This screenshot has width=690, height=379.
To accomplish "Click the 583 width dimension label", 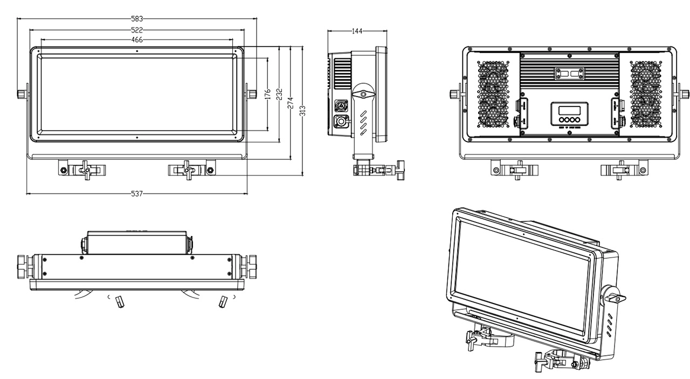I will coord(137,19).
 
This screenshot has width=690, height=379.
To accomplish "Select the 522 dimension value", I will coord(137,30).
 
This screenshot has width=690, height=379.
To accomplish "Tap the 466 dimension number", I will coord(137,40).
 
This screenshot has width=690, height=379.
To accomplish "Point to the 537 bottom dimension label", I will coord(137,193).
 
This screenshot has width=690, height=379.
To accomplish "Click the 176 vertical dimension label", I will coord(268,94).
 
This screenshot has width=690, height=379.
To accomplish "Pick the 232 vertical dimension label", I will coord(279,94).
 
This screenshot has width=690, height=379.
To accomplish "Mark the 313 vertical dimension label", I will coord(302,111).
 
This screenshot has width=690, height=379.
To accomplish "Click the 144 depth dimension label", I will coord(357,31).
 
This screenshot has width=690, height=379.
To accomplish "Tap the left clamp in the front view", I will coord(84,169).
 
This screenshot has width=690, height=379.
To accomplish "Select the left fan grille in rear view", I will coord(493,93).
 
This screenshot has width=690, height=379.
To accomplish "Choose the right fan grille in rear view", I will coord(646,93).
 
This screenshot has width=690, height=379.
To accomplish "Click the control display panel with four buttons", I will coord(569,114).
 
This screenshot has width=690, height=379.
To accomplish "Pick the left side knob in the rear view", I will coord(454,94).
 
